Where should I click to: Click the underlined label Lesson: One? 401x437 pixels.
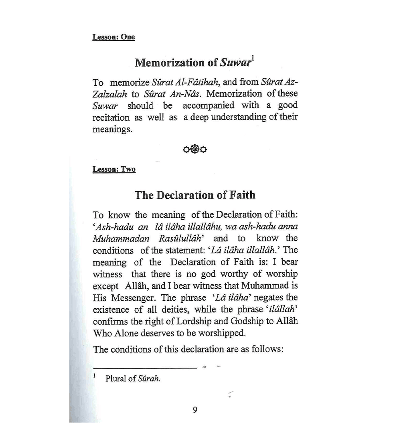point(113,37)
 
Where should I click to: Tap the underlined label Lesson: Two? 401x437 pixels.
point(114,169)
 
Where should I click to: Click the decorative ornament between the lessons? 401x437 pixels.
point(195,149)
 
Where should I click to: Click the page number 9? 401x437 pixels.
point(195,410)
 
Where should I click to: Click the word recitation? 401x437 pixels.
point(111,118)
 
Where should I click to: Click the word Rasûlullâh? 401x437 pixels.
point(182,239)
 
